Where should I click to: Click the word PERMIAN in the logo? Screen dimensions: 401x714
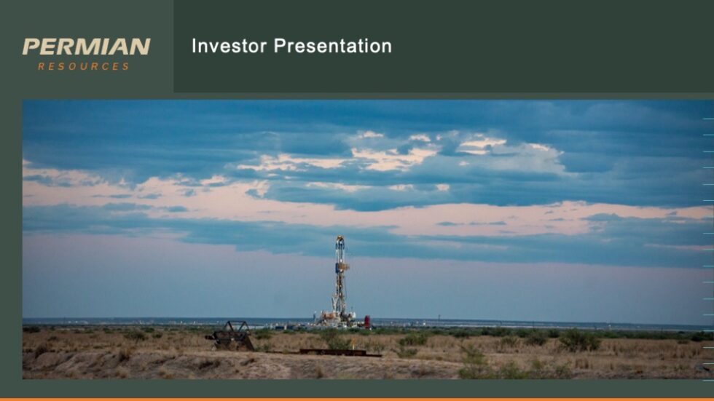click(86, 47)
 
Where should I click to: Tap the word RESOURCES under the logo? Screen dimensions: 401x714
click(84, 66)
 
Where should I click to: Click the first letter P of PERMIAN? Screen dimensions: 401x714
click(31, 47)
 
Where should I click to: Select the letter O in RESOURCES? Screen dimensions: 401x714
click(75, 66)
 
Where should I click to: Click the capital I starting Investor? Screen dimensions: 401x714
click(194, 47)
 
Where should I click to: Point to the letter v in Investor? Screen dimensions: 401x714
click(213, 47)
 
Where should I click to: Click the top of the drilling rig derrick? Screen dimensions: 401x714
click(340, 239)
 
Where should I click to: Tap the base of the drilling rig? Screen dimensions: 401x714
click(338, 319)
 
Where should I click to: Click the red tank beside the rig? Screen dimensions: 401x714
click(367, 321)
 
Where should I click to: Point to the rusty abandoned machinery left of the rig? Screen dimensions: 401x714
click(231, 336)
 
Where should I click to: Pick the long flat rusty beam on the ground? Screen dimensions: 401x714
click(339, 353)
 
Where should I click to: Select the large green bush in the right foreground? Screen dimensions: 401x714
click(580, 340)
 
